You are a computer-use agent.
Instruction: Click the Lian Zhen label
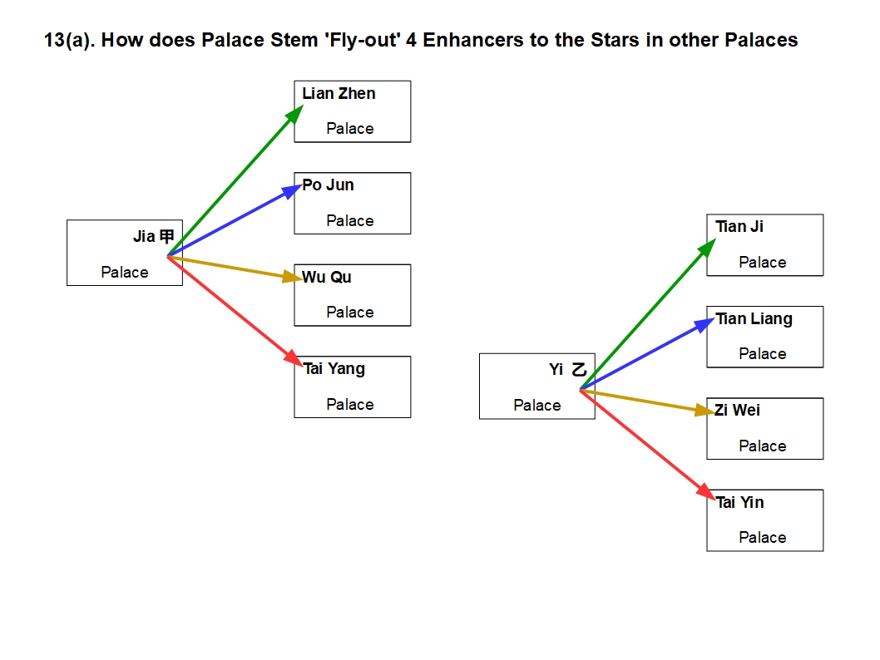[x=339, y=94]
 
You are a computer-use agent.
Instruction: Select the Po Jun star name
[x=328, y=185]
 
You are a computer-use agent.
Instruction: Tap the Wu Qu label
[x=326, y=278]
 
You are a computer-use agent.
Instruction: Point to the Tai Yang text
[x=334, y=369]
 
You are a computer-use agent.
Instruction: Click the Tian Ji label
[x=739, y=227]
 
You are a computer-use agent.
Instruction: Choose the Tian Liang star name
[x=754, y=319]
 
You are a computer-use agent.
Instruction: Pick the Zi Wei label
[x=737, y=411]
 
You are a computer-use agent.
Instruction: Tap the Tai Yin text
[x=739, y=503]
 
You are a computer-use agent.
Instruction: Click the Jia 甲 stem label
[x=154, y=237]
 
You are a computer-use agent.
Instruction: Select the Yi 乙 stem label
[x=568, y=370]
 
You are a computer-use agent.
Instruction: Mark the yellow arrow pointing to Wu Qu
[x=233, y=267]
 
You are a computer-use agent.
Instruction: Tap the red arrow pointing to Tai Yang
[x=233, y=308]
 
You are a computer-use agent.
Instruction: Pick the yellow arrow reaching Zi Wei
[x=647, y=400]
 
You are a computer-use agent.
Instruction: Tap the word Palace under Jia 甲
[x=125, y=273]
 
